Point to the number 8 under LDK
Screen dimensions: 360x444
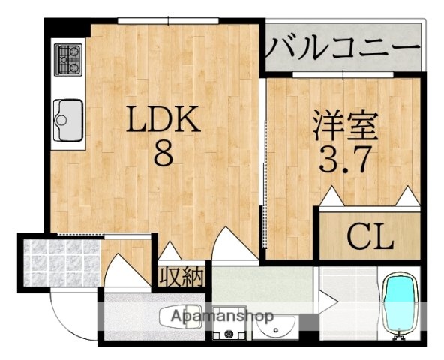(163, 154)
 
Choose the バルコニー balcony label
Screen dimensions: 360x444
(341, 49)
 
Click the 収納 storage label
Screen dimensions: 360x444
(181, 276)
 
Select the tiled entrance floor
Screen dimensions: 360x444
(52, 261)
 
